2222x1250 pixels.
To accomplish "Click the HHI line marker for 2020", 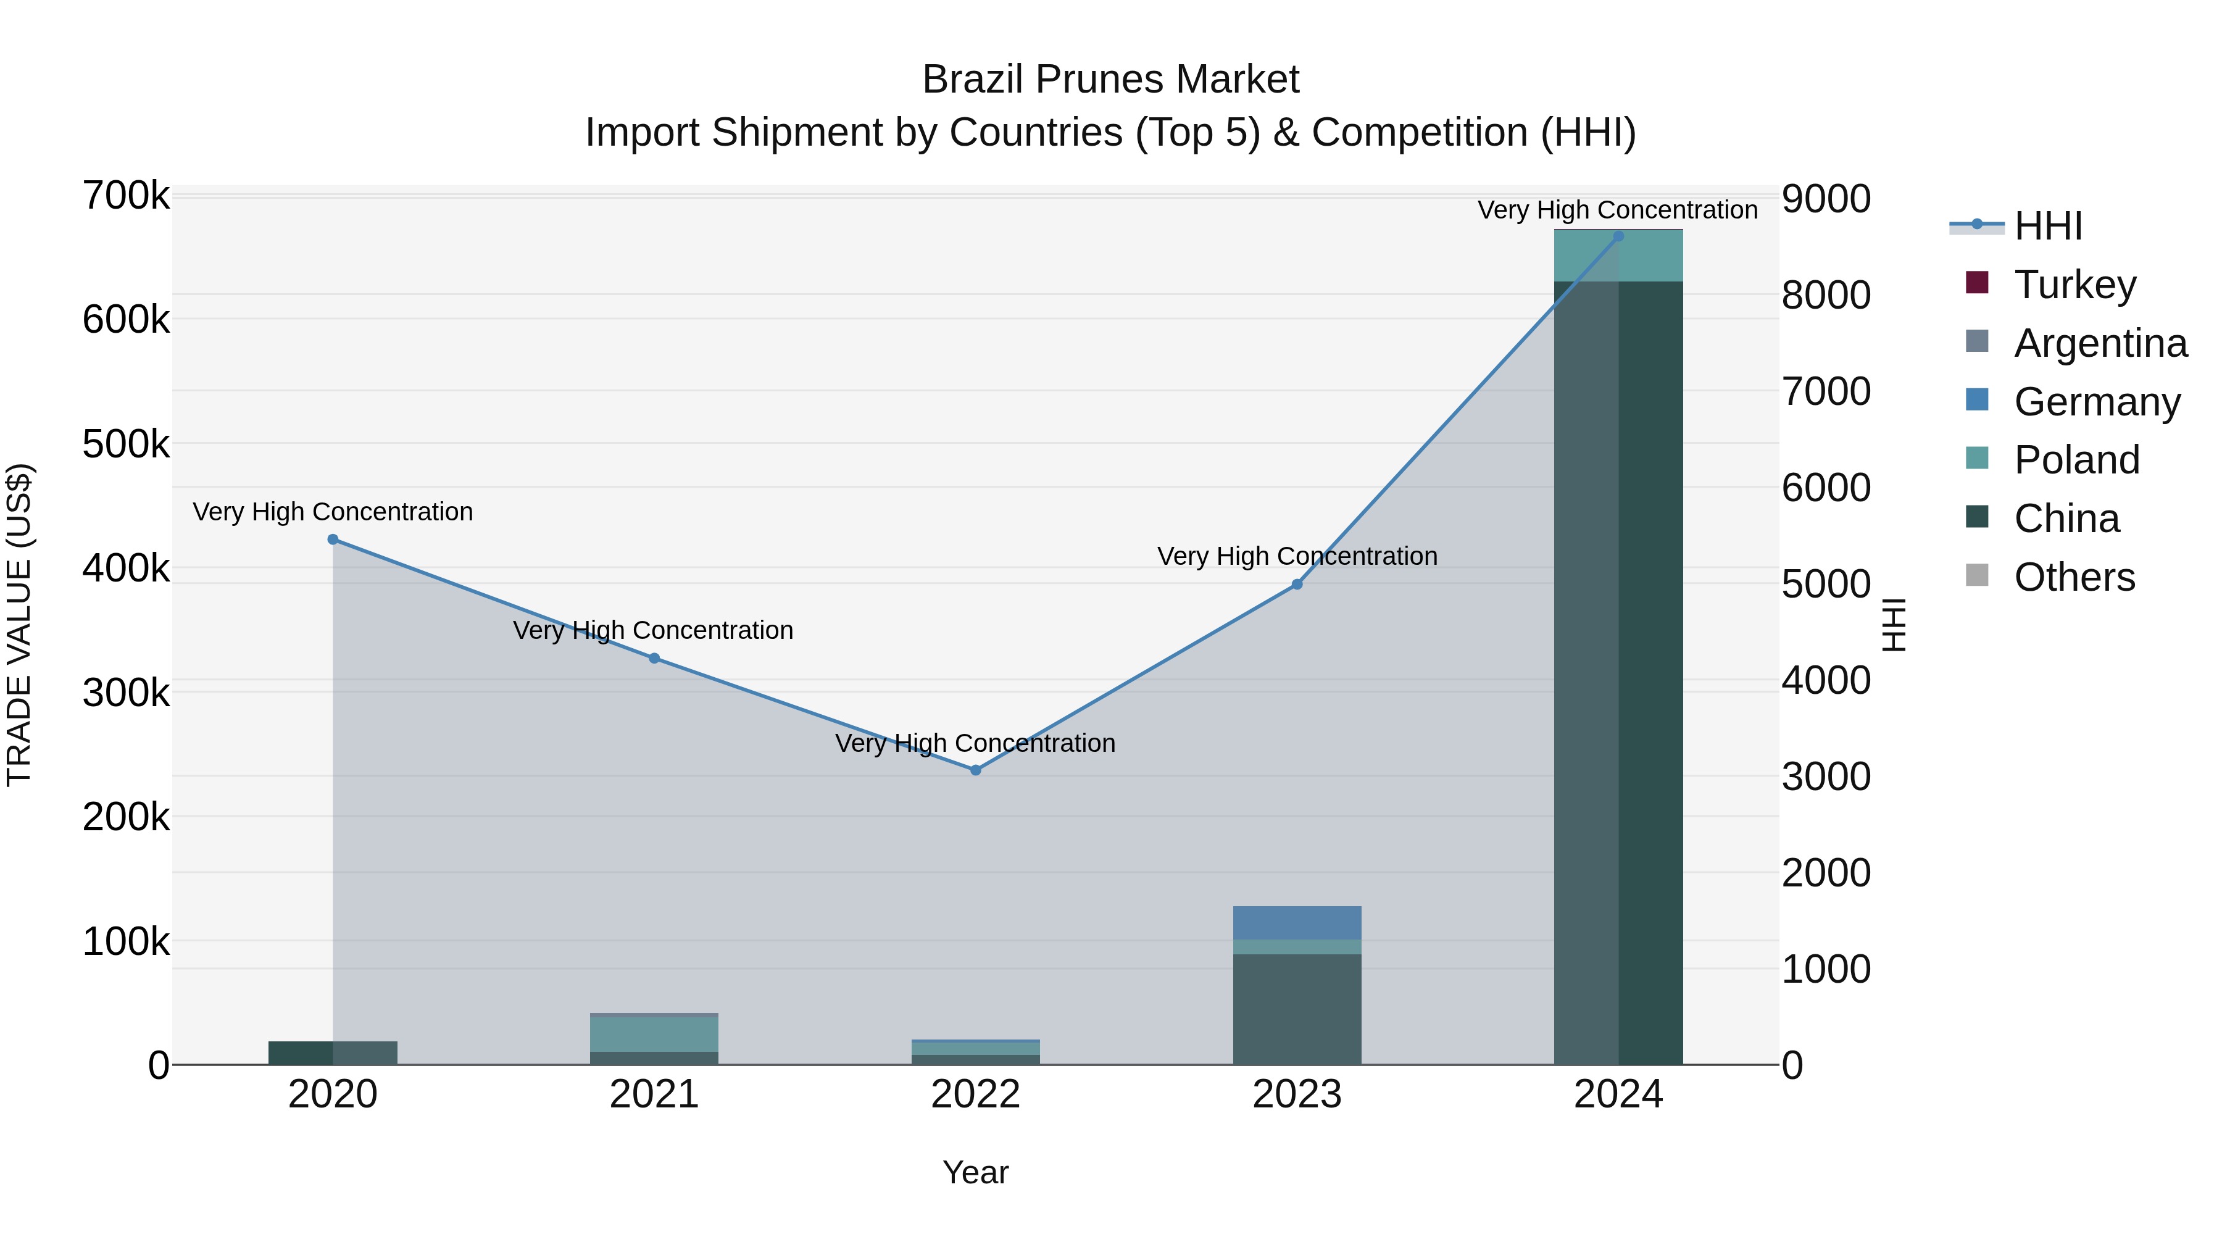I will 333,539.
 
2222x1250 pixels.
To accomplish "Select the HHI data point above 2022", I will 976,770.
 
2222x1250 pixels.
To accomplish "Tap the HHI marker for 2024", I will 1618,236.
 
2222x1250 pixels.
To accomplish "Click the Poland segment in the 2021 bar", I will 654,1035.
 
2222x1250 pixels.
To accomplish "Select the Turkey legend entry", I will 2074,285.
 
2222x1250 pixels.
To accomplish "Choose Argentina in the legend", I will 2100,343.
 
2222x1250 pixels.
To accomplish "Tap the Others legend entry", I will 2074,577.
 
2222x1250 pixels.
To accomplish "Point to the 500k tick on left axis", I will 126,444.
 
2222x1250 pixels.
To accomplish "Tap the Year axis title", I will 976,1172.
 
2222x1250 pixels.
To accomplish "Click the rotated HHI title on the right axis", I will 1894,625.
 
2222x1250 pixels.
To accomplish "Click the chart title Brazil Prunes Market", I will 1110,80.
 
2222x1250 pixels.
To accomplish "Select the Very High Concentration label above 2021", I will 653,631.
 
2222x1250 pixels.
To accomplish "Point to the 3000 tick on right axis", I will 1826,777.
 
